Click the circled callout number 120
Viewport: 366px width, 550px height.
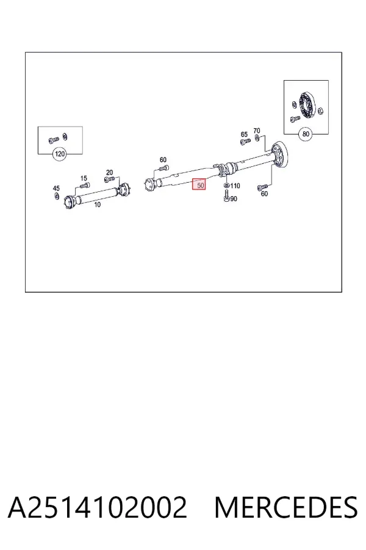(60, 154)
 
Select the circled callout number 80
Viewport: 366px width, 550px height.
(306, 134)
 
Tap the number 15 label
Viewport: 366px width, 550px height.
(84, 178)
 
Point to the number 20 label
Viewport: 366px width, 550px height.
(109, 172)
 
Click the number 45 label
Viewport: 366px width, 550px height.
(56, 189)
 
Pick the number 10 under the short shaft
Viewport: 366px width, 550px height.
(97, 205)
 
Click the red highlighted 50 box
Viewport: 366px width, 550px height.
(200, 185)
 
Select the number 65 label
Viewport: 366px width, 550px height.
(244, 134)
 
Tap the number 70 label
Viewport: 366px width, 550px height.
(256, 131)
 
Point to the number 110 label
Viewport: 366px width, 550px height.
(235, 186)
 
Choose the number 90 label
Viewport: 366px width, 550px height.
(234, 199)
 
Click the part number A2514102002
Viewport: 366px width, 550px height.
(97, 508)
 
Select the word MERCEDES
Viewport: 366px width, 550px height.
(286, 508)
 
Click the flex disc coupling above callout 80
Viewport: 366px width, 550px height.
(307, 105)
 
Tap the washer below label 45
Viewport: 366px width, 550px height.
(57, 196)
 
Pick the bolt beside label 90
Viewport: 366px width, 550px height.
(226, 196)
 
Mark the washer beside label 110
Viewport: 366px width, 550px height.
(226, 185)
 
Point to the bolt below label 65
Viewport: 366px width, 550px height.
(245, 141)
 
